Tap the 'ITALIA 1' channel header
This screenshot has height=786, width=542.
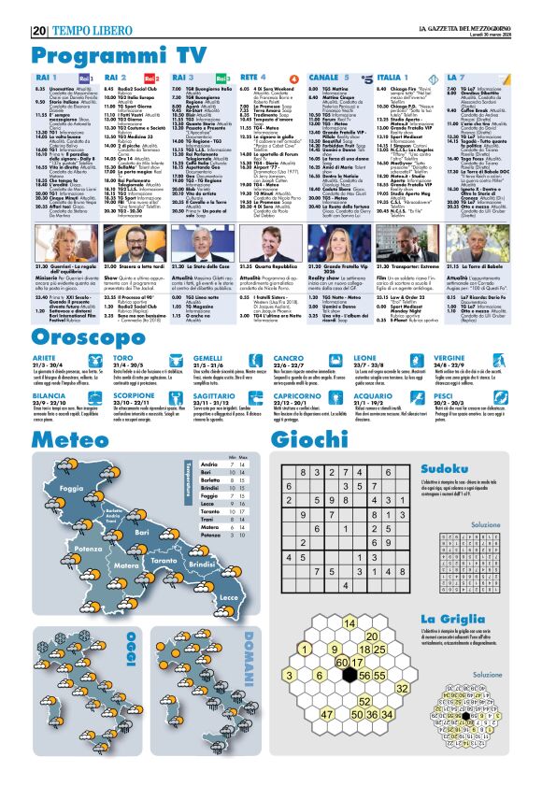[x=393, y=75]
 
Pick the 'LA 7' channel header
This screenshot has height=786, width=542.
[x=456, y=75]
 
